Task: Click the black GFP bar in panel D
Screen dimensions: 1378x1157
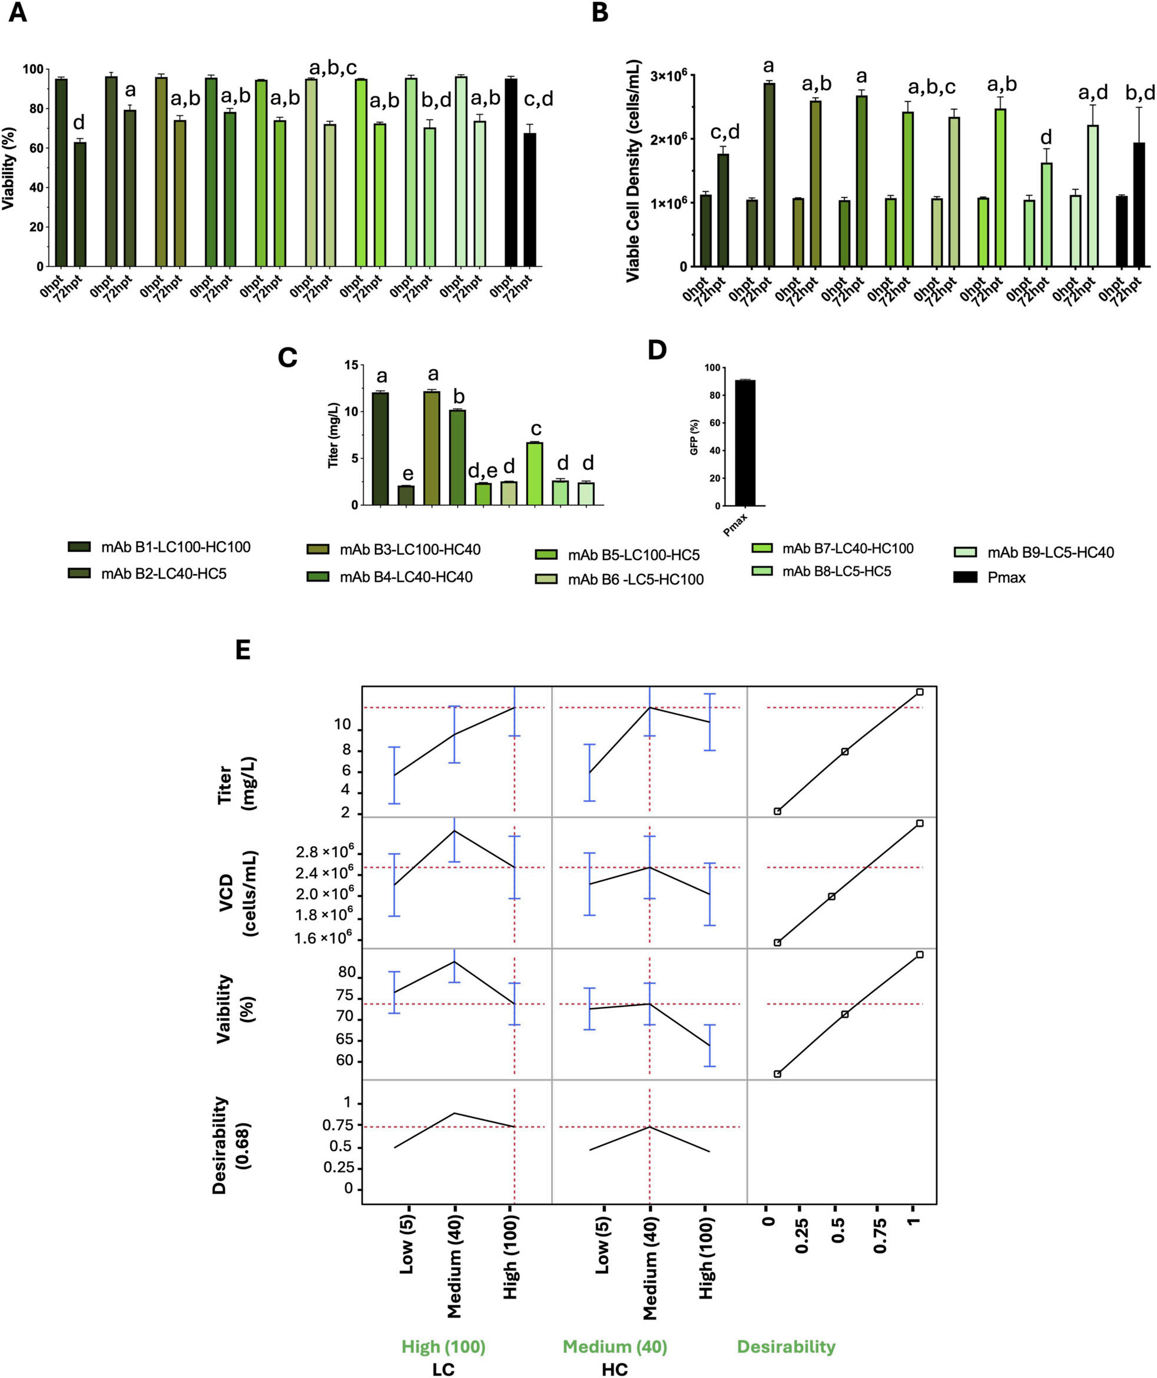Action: [x=744, y=443]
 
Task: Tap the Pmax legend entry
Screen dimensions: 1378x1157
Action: [x=1006, y=578]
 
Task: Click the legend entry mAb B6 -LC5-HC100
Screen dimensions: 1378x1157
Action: [x=635, y=579]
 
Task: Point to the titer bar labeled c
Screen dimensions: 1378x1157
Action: [x=535, y=473]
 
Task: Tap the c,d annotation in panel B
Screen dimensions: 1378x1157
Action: [x=724, y=133]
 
